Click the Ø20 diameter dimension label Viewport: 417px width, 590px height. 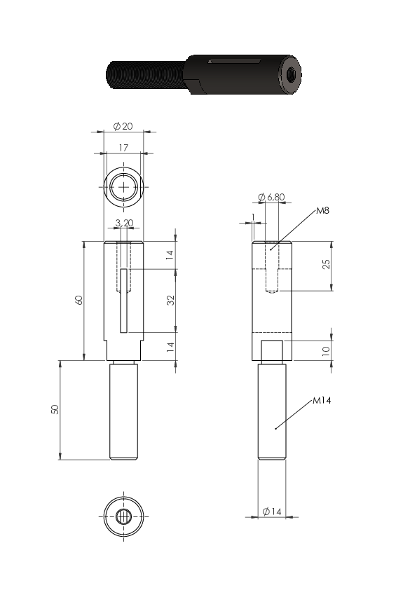(x=123, y=126)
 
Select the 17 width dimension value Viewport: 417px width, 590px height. (x=123, y=148)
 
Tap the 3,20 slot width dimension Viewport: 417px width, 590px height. (x=124, y=223)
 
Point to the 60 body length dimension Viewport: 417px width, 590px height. (x=79, y=300)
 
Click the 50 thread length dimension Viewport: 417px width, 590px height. (x=55, y=409)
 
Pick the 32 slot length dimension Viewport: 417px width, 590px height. (x=171, y=301)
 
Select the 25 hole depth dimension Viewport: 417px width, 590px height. (x=327, y=264)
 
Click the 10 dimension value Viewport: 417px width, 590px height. (x=326, y=351)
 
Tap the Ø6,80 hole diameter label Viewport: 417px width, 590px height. (x=271, y=197)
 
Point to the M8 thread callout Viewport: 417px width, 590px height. (x=322, y=210)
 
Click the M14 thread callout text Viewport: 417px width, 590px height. (x=322, y=400)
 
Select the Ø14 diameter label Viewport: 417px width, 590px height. (x=272, y=512)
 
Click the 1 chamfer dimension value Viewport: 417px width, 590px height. (x=253, y=217)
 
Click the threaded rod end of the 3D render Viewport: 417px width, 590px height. (x=146, y=75)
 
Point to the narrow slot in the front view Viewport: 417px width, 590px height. (x=124, y=301)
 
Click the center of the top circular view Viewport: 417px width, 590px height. (x=123, y=186)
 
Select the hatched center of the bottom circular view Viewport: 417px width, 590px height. (x=123, y=516)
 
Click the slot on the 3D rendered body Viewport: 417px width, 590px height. (x=235, y=60)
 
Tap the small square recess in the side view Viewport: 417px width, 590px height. (x=272, y=350)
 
